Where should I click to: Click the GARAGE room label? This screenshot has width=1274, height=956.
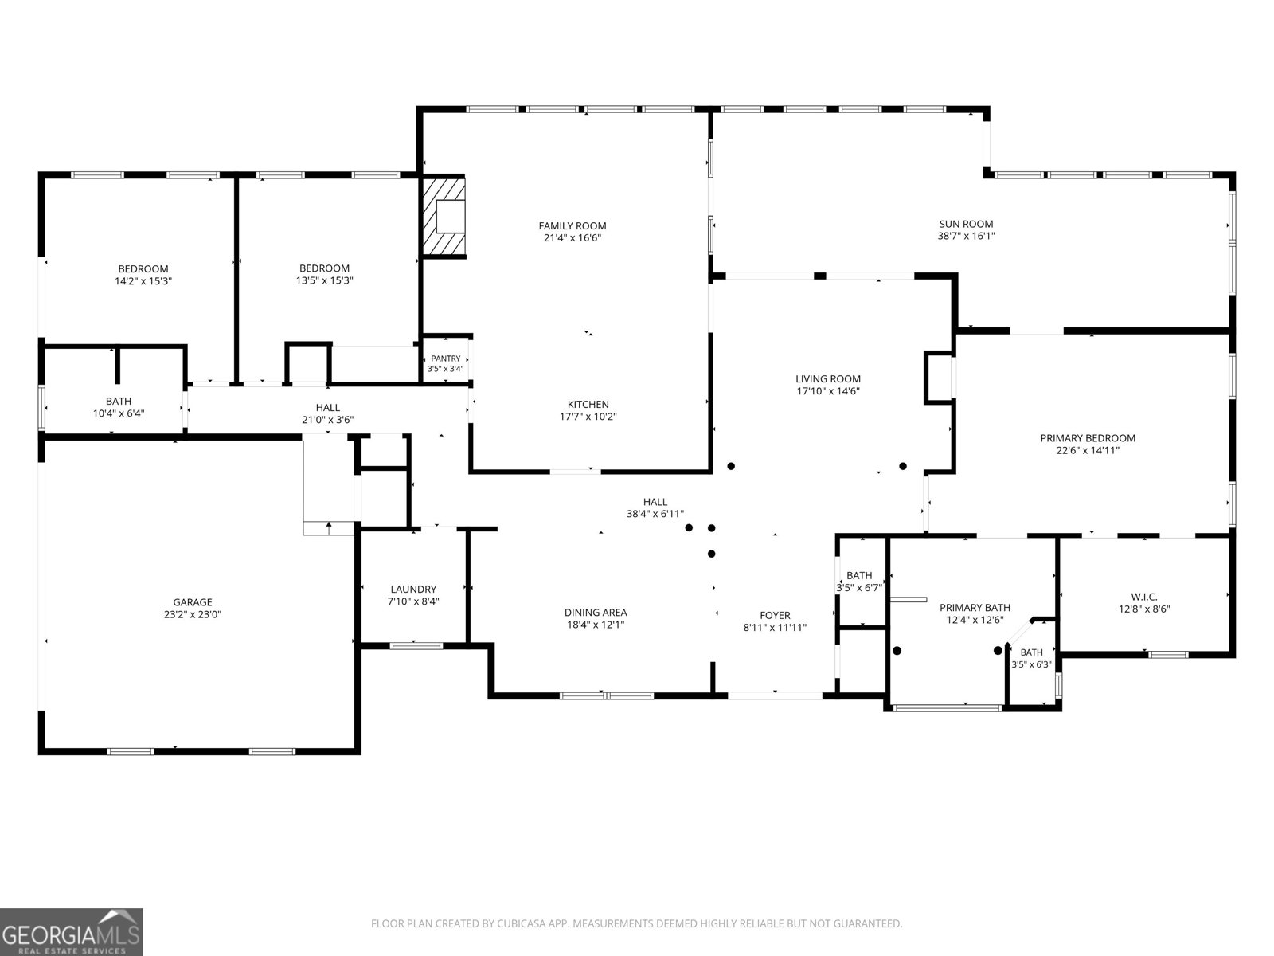pyautogui.click(x=193, y=602)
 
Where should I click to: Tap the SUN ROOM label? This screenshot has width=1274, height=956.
pyautogui.click(x=966, y=224)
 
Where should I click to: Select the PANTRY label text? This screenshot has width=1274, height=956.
pyautogui.click(x=445, y=358)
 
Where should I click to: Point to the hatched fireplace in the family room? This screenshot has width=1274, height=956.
pyautogui.click(x=443, y=216)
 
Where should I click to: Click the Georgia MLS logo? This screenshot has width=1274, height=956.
pyautogui.click(x=71, y=931)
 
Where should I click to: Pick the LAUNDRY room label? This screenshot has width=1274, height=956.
pyautogui.click(x=413, y=590)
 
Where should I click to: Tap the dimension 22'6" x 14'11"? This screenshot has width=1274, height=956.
pyautogui.click(x=1088, y=450)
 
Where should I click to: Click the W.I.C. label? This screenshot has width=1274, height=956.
pyautogui.click(x=1144, y=597)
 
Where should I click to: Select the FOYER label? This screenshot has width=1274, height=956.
pyautogui.click(x=775, y=615)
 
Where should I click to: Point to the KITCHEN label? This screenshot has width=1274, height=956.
pyautogui.click(x=588, y=405)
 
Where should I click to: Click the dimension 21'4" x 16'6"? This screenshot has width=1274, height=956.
pyautogui.click(x=573, y=238)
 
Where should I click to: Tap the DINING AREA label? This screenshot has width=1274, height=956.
pyautogui.click(x=596, y=613)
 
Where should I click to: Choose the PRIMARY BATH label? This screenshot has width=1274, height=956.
pyautogui.click(x=975, y=608)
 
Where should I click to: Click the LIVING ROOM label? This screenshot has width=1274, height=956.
pyautogui.click(x=827, y=379)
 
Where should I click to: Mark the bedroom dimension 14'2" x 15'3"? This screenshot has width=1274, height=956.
pyautogui.click(x=143, y=281)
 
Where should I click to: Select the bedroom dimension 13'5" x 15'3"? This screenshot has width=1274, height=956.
pyautogui.click(x=324, y=281)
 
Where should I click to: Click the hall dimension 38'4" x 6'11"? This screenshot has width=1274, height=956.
pyautogui.click(x=655, y=514)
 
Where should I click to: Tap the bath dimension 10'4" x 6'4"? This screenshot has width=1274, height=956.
pyautogui.click(x=119, y=413)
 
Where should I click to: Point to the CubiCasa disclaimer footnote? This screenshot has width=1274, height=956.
pyautogui.click(x=637, y=923)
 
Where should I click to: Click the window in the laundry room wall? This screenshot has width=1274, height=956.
pyautogui.click(x=416, y=646)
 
